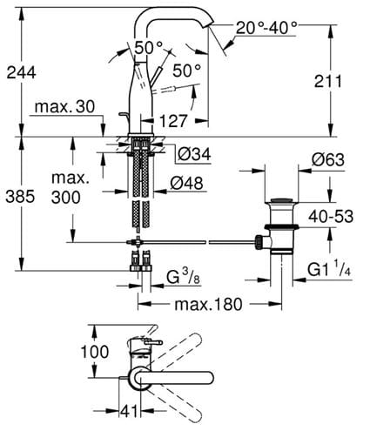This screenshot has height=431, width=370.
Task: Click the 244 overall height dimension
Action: point(21,72)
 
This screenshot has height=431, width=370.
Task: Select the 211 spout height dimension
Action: point(328,82)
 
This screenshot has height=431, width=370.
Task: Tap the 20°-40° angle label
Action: point(266,28)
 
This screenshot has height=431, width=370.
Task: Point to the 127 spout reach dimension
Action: point(173,121)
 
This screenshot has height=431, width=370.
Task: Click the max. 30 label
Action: point(64,107)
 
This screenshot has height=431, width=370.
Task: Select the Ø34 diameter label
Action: point(194,154)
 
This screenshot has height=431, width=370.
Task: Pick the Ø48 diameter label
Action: point(187,184)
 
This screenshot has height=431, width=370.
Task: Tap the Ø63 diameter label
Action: point(328,159)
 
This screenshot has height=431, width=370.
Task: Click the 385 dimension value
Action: point(20,197)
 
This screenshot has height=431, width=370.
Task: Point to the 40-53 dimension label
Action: point(331,217)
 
